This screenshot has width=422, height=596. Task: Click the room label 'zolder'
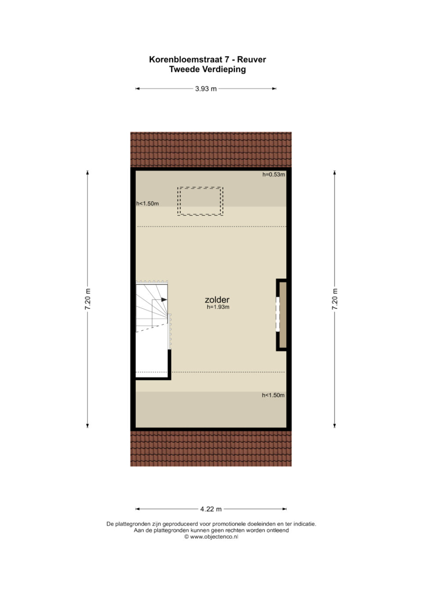pyautogui.click(x=217, y=300)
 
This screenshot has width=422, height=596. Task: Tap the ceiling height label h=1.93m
pyautogui.click(x=218, y=307)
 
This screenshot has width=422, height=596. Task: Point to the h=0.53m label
pyautogui.click(x=274, y=174)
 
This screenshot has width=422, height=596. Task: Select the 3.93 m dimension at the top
pyautogui.click(x=206, y=89)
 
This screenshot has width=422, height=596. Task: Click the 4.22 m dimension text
pyautogui.click(x=211, y=509)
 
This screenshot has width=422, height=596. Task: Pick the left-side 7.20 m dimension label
pyautogui.click(x=87, y=299)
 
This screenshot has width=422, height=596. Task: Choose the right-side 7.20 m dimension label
pyautogui.click(x=335, y=299)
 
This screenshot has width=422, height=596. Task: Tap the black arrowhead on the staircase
pyautogui.click(x=164, y=300)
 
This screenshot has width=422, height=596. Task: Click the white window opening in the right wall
pyautogui.click(x=278, y=314)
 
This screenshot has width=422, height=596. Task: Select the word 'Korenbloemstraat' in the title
pyautogui.click(x=186, y=59)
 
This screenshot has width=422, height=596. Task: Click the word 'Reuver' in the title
pyautogui.click(x=251, y=59)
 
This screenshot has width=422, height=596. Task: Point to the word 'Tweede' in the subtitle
pyautogui.click(x=185, y=69)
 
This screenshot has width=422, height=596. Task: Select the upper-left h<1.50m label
pyautogui.click(x=148, y=204)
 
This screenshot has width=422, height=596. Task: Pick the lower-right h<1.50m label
pyautogui.click(x=273, y=395)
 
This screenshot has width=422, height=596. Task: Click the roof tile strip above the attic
pyautogui.click(x=211, y=149)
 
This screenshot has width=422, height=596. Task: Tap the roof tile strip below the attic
pyautogui.click(x=211, y=448)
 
